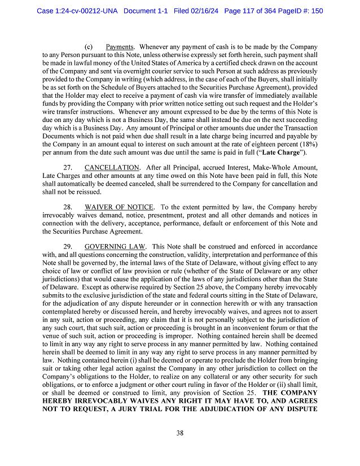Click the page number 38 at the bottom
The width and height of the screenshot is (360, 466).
179,433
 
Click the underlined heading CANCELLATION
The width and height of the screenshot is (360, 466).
111,168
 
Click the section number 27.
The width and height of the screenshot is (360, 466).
68,168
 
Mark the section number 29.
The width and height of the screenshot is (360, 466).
68,247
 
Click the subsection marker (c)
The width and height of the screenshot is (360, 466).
89,46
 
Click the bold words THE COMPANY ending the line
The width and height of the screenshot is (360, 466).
290,391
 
